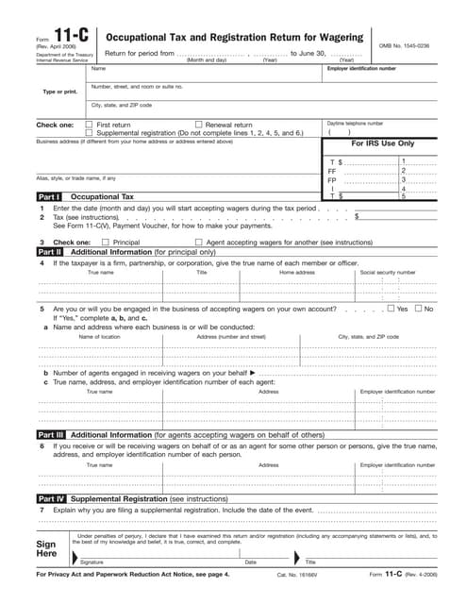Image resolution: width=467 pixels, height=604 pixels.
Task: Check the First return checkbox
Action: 89,125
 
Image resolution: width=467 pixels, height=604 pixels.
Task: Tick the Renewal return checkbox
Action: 198,125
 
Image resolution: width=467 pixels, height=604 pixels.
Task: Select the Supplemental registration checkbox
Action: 89,133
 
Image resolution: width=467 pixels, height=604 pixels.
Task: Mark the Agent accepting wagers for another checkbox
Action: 198,243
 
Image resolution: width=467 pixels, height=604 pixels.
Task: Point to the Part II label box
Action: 50,253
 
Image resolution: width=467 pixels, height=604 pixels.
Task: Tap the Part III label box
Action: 50,434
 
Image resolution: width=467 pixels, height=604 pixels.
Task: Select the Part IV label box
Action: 50,497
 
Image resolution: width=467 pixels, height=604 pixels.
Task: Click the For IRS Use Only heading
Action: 383,143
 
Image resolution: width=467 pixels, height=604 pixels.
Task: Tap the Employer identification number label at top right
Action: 368,69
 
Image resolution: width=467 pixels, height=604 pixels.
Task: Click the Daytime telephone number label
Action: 355,123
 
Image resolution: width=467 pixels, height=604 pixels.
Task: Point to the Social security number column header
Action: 388,272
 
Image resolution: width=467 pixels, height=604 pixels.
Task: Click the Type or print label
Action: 58,92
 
